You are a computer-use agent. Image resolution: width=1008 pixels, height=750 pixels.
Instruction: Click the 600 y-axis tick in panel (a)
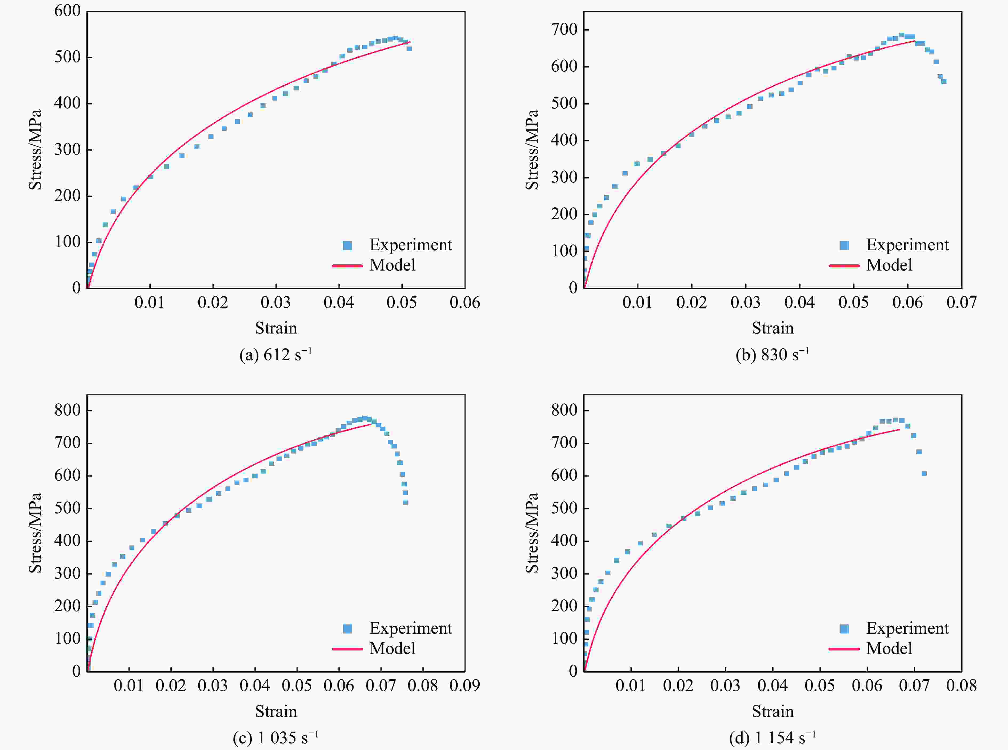(x=67, y=11)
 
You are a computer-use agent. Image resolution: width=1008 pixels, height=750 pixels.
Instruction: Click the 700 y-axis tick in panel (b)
(x=564, y=30)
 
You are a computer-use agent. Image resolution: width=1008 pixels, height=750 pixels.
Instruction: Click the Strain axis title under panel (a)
(x=276, y=328)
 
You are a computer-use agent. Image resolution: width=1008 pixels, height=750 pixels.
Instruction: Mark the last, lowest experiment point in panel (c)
(x=406, y=503)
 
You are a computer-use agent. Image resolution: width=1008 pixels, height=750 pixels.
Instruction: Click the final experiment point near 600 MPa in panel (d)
(x=924, y=474)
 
